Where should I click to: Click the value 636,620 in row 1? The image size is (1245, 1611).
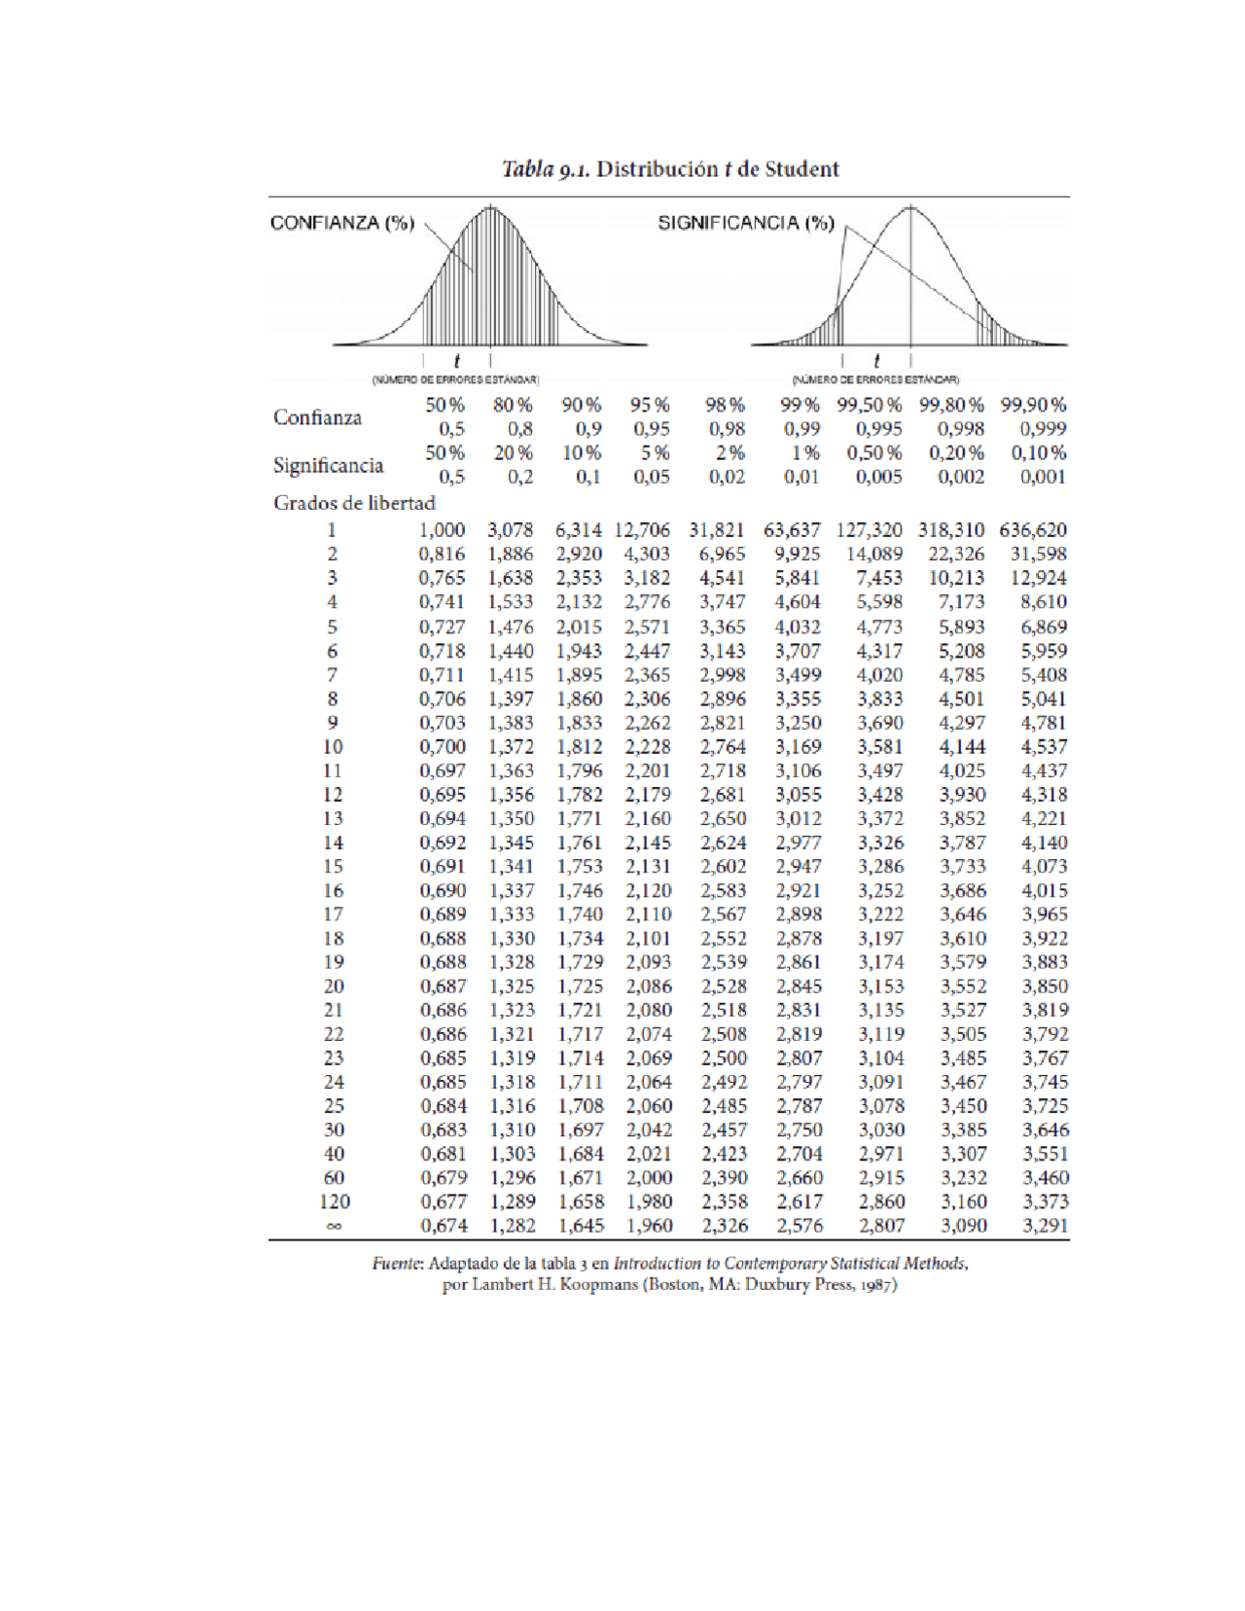[1032, 530]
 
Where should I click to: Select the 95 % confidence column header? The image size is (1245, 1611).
[649, 405]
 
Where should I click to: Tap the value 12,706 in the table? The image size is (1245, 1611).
[642, 530]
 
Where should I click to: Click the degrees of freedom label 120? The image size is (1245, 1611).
[334, 1202]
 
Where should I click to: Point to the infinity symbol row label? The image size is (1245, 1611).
[334, 1227]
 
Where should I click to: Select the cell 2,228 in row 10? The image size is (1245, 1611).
[648, 747]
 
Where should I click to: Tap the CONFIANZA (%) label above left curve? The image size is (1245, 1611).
[341, 223]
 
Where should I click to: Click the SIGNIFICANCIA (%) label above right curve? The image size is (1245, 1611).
[745, 223]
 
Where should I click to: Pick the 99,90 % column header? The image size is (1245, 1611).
[1033, 405]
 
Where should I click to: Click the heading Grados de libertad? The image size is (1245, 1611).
[354, 503]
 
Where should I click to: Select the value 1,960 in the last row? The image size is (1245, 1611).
[649, 1226]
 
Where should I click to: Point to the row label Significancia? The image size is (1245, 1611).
[328, 465]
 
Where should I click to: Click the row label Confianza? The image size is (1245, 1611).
[317, 417]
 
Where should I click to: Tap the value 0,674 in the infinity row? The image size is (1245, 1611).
[444, 1226]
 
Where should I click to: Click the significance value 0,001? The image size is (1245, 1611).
[1043, 477]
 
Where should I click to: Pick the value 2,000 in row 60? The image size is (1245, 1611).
[649, 1178]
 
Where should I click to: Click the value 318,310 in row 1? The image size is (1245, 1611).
[950, 530]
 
